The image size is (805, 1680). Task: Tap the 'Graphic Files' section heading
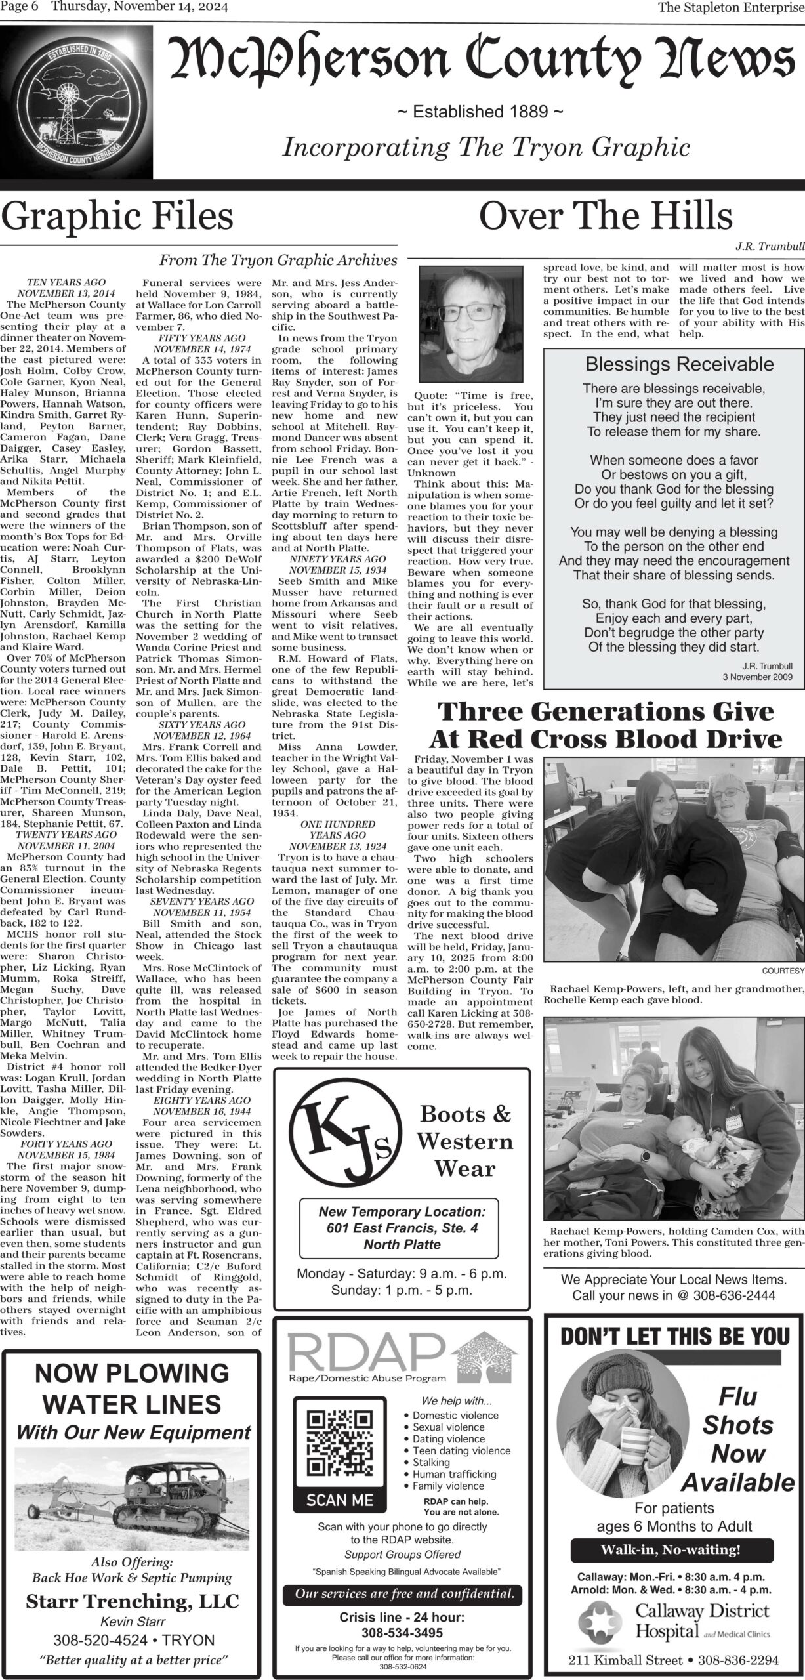[117, 216]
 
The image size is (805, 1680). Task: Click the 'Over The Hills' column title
[606, 216]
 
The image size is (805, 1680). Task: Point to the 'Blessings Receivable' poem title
[679, 365]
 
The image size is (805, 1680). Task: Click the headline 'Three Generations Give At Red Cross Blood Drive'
[605, 726]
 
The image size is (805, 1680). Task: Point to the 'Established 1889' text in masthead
[481, 112]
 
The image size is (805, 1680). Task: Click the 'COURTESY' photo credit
[783, 971]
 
